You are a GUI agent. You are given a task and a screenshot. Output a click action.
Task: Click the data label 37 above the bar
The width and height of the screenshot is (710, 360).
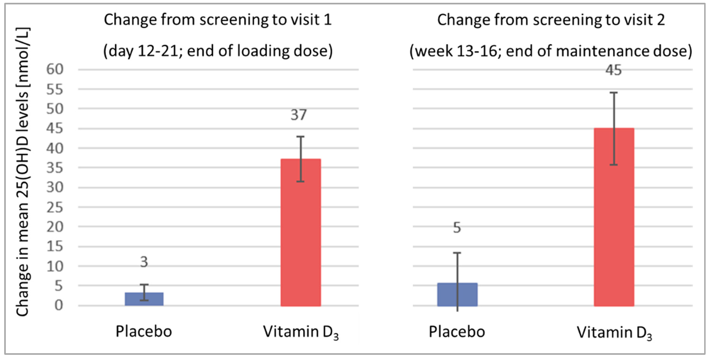coord(298,115)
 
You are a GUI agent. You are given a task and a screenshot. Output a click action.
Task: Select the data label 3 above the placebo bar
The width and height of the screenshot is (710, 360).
coord(144,262)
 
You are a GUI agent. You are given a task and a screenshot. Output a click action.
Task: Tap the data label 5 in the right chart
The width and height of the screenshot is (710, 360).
coord(457,228)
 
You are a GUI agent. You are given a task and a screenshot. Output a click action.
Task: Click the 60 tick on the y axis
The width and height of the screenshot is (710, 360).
coord(55,69)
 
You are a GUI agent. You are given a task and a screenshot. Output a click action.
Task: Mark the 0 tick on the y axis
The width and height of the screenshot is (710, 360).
coord(58,305)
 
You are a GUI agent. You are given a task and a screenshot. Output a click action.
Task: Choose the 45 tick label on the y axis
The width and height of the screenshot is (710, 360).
coord(55,128)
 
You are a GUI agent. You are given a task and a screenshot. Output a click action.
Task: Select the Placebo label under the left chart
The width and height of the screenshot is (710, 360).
coord(144,331)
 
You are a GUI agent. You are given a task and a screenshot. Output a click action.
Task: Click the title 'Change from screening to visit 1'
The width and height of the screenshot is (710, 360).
coord(218,20)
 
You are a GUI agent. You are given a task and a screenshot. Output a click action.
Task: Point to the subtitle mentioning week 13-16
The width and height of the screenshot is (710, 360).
coord(551,51)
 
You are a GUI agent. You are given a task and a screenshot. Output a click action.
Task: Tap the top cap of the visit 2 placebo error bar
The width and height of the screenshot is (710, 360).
coord(457,253)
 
